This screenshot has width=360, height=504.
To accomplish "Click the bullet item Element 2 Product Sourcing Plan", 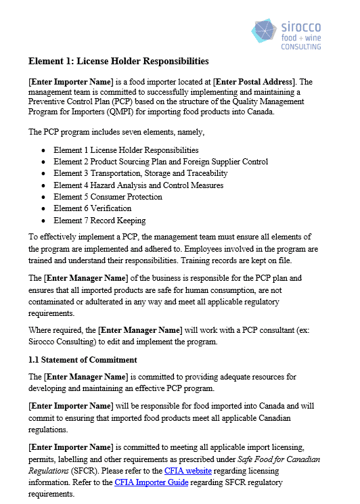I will point(160,162).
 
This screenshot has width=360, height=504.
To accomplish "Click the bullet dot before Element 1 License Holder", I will point(44,150).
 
